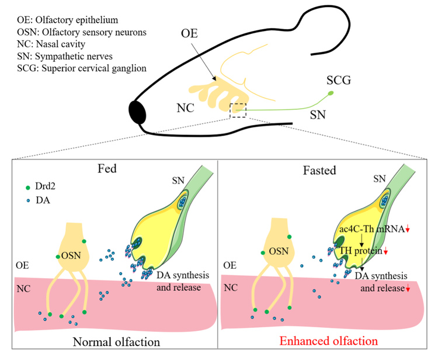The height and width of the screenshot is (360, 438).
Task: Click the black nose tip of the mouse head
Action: tap(137, 112)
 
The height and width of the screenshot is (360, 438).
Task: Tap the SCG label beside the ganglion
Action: tap(339, 80)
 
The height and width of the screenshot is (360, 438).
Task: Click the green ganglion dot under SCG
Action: tap(331, 93)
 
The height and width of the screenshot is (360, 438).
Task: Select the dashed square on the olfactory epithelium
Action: tap(238, 110)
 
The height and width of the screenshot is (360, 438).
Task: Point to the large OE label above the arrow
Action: tap(189, 33)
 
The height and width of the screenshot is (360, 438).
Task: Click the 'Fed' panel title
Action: tap(107, 168)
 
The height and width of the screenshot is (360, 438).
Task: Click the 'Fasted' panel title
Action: tap(319, 170)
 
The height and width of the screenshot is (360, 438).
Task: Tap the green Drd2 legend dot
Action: tap(28, 188)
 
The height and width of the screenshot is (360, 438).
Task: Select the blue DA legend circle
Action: tap(28, 200)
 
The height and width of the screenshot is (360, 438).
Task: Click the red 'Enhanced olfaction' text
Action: tap(328, 341)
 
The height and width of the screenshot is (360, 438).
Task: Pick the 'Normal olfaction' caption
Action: tap(116, 342)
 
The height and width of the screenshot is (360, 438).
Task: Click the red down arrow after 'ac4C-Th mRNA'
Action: tap(408, 229)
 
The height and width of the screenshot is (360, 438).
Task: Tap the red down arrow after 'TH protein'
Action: tap(386, 251)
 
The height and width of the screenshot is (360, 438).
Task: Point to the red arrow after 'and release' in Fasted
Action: tap(408, 288)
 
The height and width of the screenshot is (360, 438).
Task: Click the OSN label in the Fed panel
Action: tap(71, 255)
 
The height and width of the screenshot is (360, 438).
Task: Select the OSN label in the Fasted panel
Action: tap(279, 251)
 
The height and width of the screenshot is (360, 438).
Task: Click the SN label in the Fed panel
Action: tap(178, 181)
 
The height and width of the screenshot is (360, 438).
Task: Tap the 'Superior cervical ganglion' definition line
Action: tap(82, 68)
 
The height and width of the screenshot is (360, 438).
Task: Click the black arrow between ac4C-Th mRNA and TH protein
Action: tap(361, 240)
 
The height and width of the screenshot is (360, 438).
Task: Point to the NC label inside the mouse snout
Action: tap(186, 108)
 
